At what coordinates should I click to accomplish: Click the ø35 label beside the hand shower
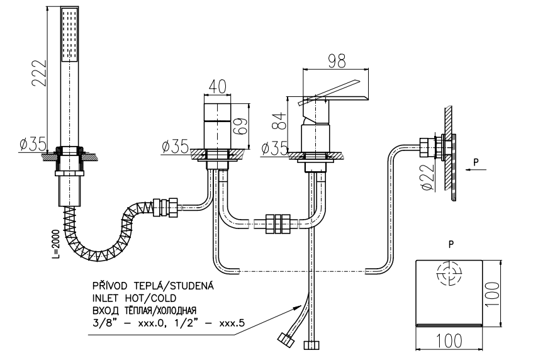(32, 144)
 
